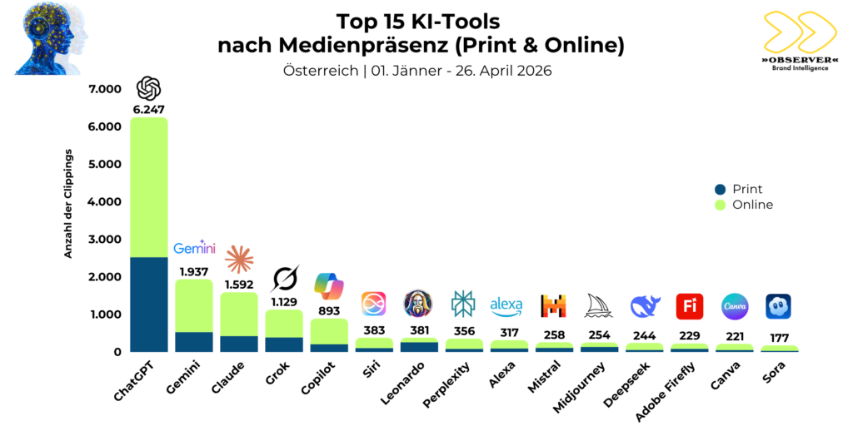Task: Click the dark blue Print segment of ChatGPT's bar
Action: click(x=149, y=305)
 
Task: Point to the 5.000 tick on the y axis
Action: click(x=105, y=164)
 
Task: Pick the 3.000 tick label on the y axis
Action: click(x=105, y=240)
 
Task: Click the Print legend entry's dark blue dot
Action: click(x=720, y=190)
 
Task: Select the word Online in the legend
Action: click(x=752, y=205)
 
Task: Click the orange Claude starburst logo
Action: click(x=239, y=260)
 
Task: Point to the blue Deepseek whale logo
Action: click(x=644, y=306)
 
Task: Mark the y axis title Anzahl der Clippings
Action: click(x=70, y=204)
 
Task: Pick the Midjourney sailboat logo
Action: click(x=599, y=306)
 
